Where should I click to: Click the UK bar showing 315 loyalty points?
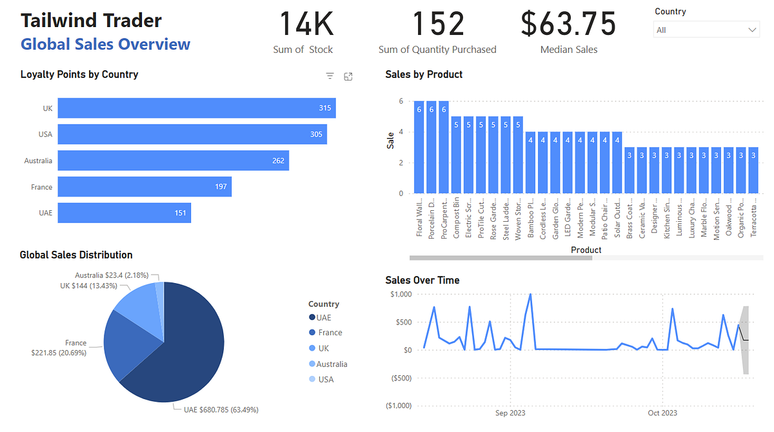[x=196, y=108]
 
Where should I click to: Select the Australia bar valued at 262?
[x=173, y=161]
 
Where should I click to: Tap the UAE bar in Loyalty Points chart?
[x=124, y=213]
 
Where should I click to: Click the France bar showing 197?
[x=144, y=187]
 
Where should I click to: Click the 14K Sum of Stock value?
[x=306, y=24]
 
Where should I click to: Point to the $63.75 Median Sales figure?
[x=568, y=24]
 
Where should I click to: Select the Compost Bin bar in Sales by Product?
[x=456, y=155]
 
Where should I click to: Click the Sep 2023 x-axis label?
[x=510, y=413]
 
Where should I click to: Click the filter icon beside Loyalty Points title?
[x=330, y=76]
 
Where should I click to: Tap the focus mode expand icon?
[x=348, y=76]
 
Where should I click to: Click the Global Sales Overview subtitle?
[x=105, y=44]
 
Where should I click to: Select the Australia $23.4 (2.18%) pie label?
[x=111, y=275]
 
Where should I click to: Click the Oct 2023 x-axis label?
[x=662, y=413]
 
